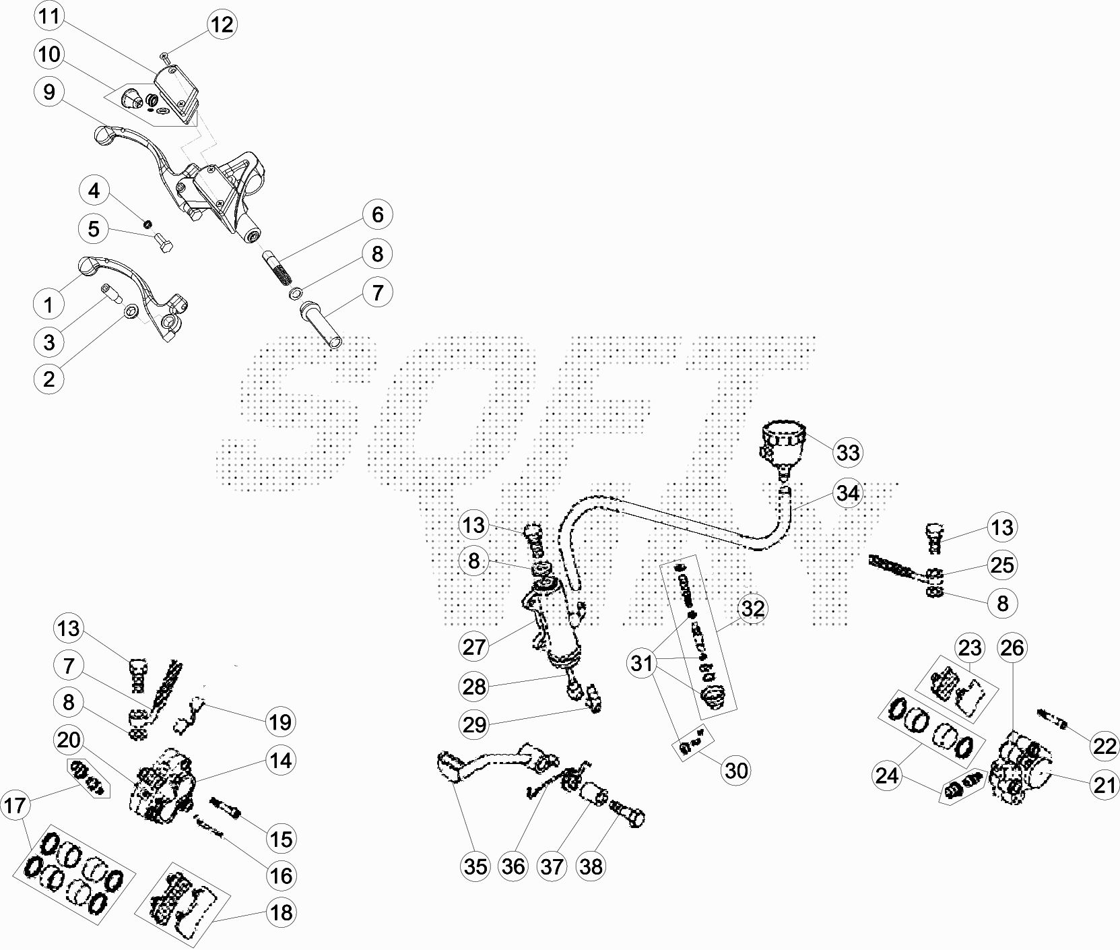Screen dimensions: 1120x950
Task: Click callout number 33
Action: point(848,451)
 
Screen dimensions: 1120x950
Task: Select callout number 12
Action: point(222,25)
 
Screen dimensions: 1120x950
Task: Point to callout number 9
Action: point(48,92)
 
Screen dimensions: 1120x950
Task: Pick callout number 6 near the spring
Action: point(377,214)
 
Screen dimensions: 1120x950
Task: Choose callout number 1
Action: point(48,305)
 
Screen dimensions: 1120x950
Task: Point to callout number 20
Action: point(69,740)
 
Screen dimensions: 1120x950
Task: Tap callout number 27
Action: point(474,647)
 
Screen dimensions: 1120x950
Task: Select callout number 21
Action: point(1105,785)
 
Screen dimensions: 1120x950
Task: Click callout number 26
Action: point(1012,648)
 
